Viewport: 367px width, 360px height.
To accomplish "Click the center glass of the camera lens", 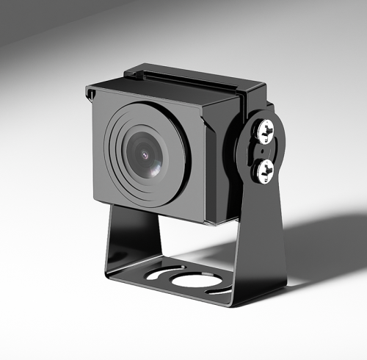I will [x=145, y=156].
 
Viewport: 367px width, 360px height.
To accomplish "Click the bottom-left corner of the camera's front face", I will [x=97, y=199].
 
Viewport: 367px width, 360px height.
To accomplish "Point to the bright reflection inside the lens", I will [x=144, y=155].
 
